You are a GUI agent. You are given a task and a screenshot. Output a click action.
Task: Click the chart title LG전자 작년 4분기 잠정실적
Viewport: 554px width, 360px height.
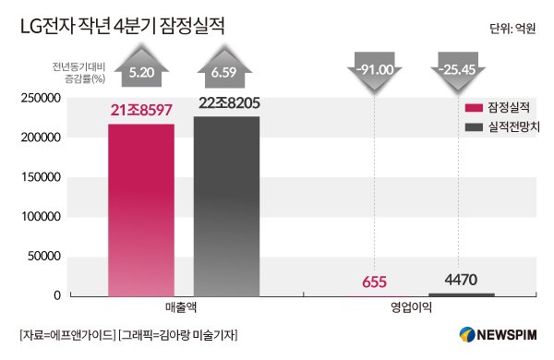pos(121,29)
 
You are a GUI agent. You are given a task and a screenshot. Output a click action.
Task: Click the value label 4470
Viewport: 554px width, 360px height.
pos(461,276)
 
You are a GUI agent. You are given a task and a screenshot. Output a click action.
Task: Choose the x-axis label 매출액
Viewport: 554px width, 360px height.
pos(185,308)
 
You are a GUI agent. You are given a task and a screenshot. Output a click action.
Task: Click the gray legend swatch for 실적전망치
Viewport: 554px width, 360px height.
pos(475,126)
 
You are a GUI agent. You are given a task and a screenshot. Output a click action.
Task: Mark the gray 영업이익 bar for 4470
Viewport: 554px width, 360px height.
pos(461,294)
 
